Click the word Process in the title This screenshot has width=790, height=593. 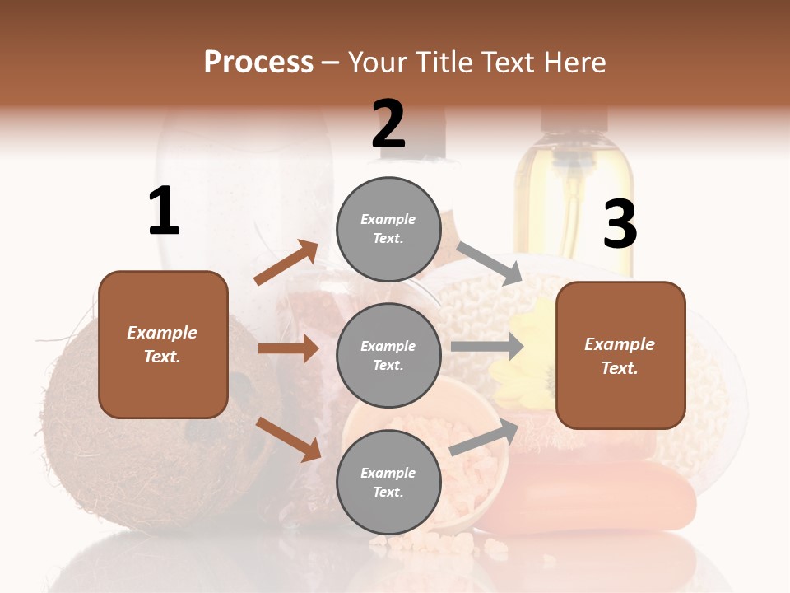(258, 62)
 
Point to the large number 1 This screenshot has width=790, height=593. (164, 211)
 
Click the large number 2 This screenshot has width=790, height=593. (388, 124)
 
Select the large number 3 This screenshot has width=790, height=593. (620, 225)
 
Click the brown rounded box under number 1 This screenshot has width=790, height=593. (163, 344)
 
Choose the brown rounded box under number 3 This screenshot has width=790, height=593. (620, 355)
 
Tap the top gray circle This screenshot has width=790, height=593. (388, 229)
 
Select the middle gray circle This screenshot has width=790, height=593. (388, 355)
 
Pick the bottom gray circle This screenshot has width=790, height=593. (388, 482)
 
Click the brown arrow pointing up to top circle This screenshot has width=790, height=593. (286, 262)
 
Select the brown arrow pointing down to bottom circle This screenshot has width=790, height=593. (289, 438)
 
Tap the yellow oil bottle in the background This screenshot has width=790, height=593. (574, 198)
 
